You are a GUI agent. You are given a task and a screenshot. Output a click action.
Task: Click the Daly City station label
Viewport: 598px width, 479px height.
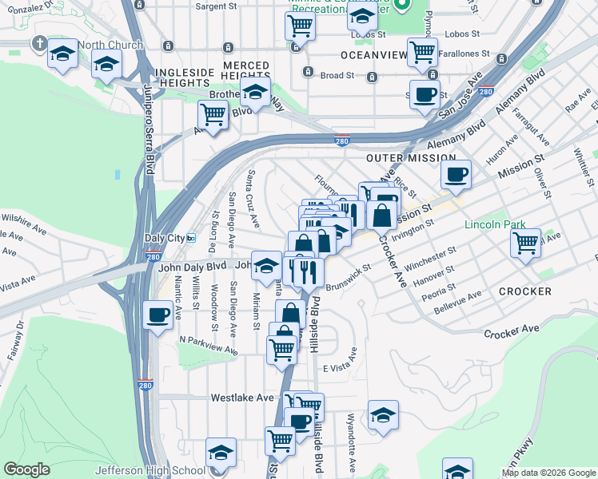pos(163,238)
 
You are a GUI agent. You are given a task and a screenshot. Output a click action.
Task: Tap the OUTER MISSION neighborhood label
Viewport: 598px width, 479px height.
pos(410,159)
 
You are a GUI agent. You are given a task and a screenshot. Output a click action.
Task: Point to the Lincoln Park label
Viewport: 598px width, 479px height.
pos(496,224)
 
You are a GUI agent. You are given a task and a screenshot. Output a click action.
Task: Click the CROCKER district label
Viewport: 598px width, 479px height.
pos(525,291)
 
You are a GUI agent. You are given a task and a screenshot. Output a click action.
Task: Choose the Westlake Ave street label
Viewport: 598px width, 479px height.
pos(242,397)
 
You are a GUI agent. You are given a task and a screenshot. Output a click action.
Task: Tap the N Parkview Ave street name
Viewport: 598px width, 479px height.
pos(208,345)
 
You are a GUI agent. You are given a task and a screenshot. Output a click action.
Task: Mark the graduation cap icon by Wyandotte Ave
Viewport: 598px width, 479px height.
pos(383,414)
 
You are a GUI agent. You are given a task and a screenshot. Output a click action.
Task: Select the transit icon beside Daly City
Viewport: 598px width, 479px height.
pos(191,238)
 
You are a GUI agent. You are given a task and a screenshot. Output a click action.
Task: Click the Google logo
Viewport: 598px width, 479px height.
pos(27,469)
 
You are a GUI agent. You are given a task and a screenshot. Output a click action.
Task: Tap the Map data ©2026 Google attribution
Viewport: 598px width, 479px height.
pos(548,473)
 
